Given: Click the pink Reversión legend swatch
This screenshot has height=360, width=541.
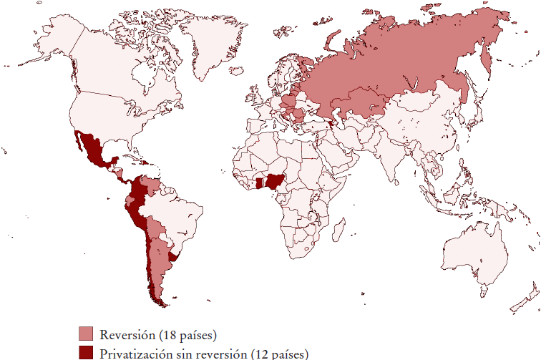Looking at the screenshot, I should coord(86,334).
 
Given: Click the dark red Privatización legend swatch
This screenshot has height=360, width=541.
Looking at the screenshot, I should coord(86,352).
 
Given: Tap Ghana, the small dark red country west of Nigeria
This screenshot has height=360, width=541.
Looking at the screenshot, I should coord(259,184).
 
